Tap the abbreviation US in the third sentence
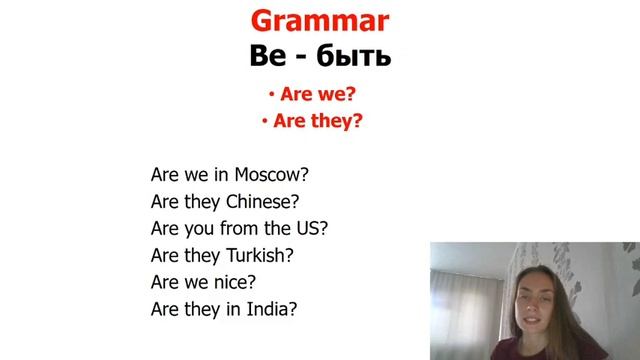point(314,227)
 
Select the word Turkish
point(260,254)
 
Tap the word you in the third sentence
point(203,228)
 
